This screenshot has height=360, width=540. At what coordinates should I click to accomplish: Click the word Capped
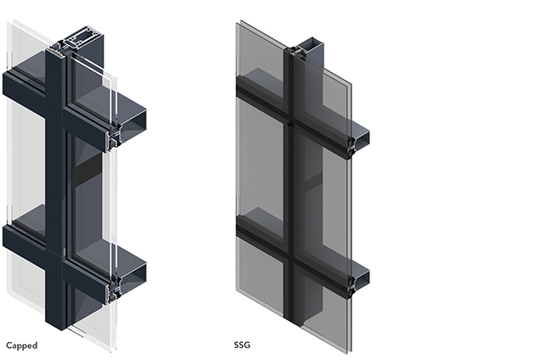(22, 346)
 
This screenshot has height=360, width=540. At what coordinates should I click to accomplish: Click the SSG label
(242, 345)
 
